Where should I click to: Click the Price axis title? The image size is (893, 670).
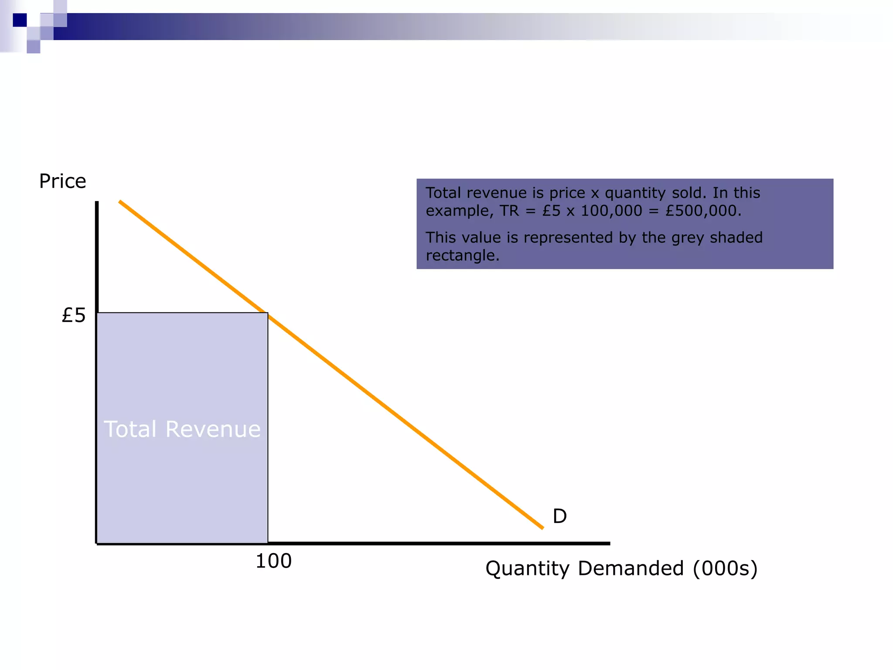point(63,181)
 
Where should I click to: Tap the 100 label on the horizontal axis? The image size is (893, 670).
point(273,561)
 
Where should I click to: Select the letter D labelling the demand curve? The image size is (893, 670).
point(559,516)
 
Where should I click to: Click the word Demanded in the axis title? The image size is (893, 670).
point(631,569)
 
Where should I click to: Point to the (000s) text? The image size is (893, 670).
point(725,569)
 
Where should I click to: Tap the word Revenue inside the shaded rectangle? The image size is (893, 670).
point(213,429)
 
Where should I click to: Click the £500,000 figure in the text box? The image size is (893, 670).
point(703,211)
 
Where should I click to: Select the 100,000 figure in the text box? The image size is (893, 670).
point(611,211)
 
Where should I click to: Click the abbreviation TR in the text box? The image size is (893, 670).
point(509,211)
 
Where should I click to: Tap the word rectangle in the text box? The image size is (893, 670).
point(462,256)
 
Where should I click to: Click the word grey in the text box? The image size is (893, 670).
point(689,238)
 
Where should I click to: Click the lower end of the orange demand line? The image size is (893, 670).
point(542,528)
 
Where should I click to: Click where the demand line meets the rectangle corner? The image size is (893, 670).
point(267,313)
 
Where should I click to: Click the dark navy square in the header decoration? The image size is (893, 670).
point(20,20)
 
